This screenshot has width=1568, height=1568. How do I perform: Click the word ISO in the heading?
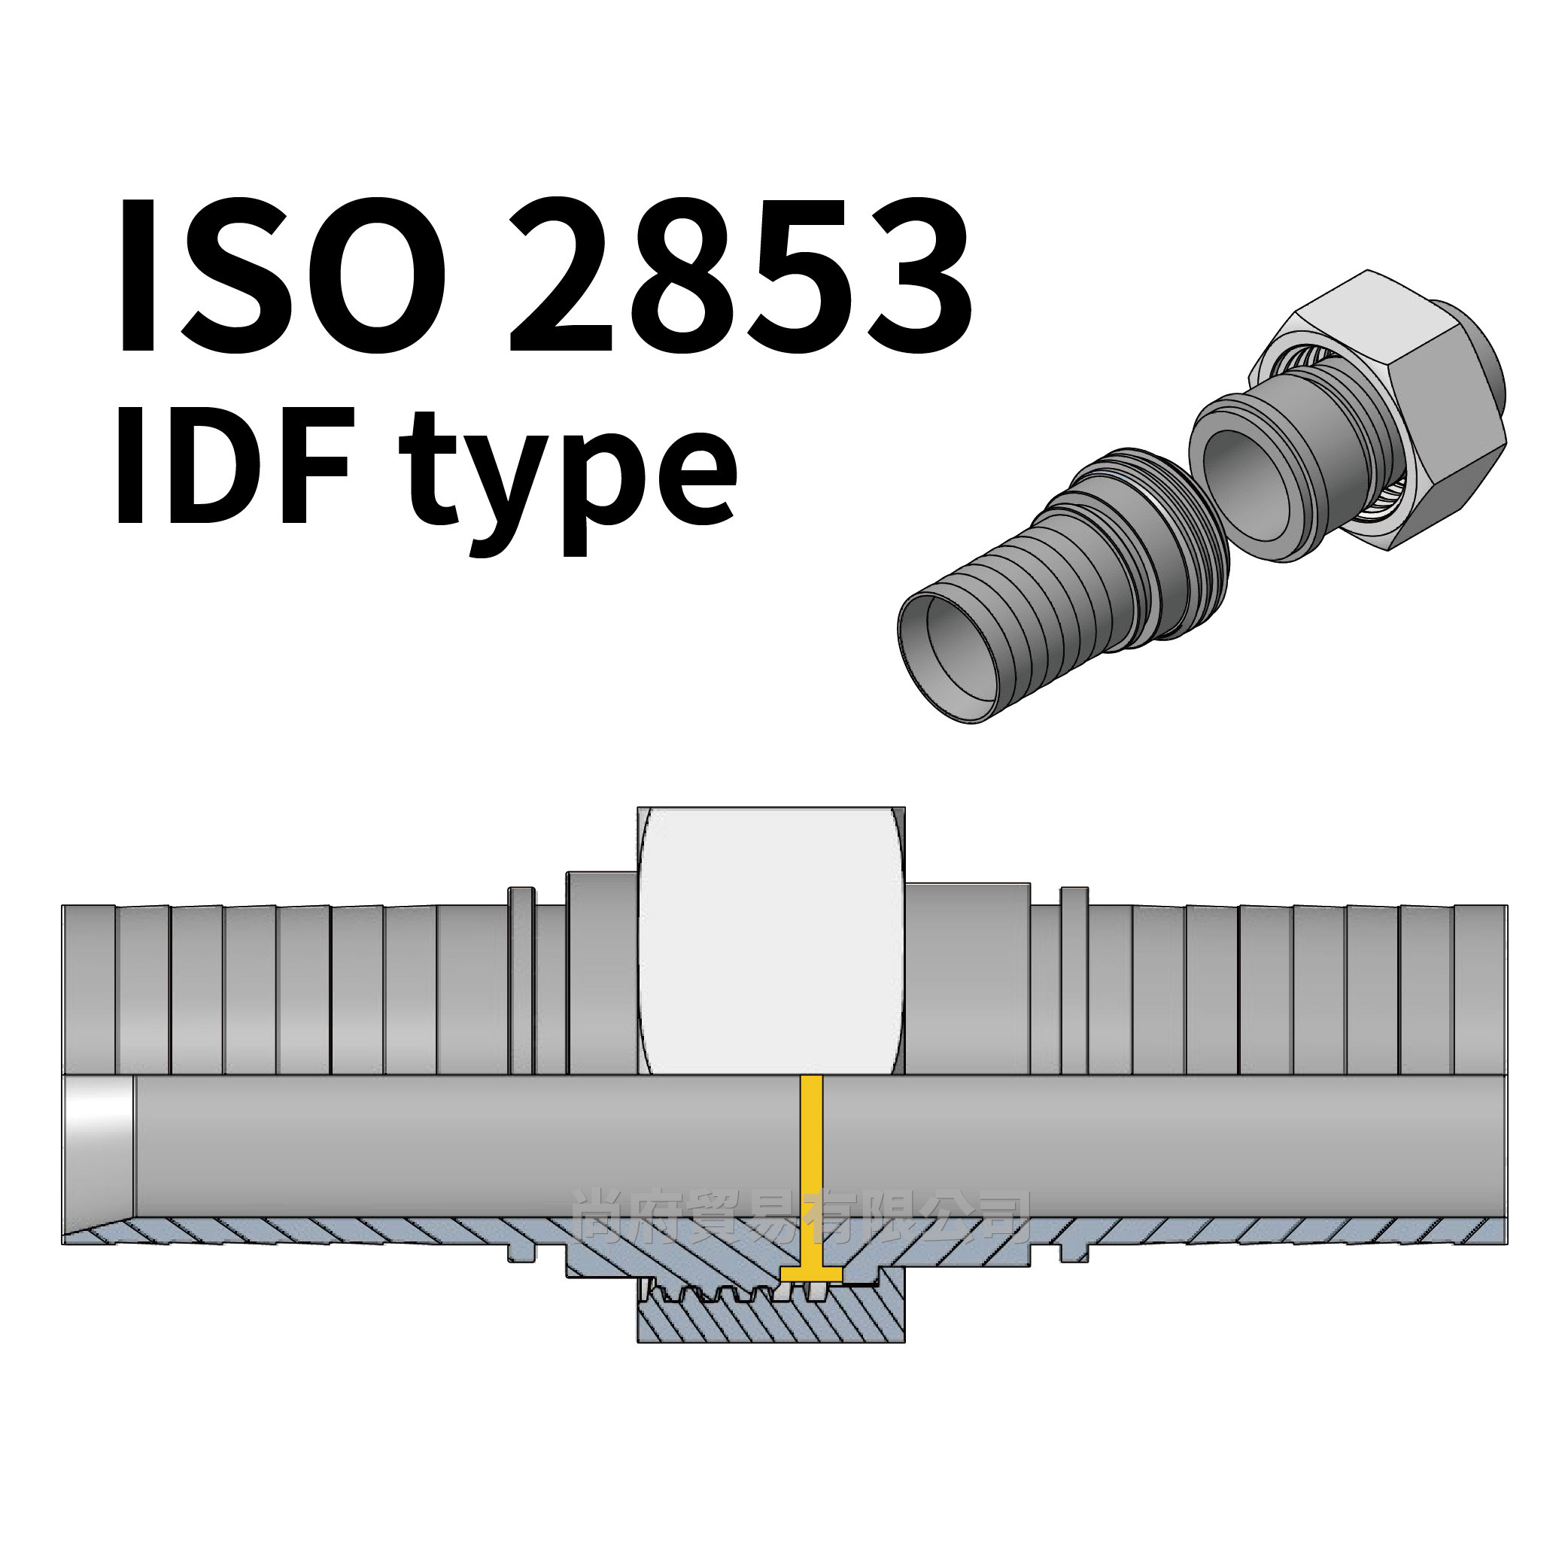click(280, 276)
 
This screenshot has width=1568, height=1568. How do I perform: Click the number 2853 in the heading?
click(739, 276)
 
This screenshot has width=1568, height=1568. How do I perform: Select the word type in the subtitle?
click(568, 479)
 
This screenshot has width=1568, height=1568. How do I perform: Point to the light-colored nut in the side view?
click(771, 941)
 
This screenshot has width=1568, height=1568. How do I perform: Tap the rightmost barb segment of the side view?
click(1479, 990)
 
